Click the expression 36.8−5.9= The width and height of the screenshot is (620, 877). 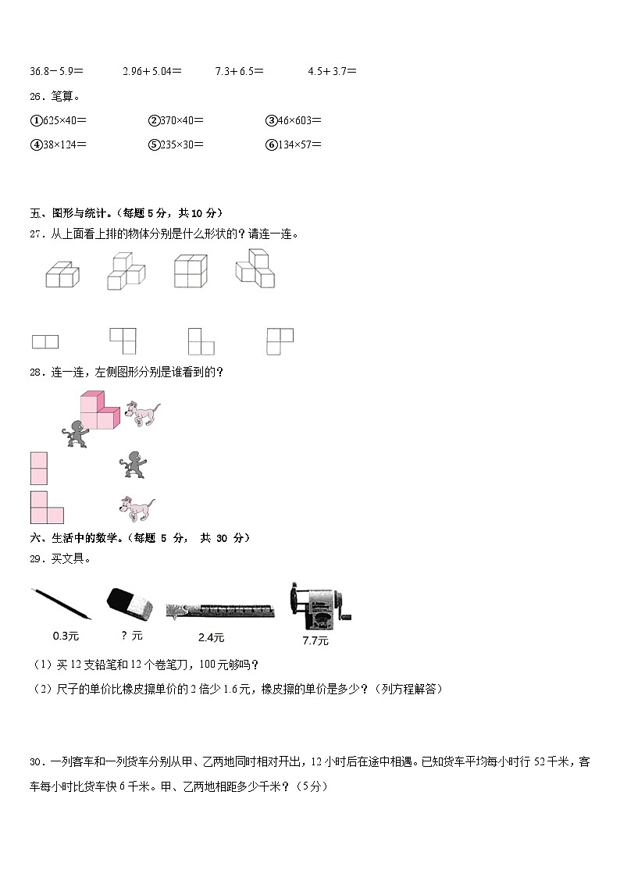click(56, 71)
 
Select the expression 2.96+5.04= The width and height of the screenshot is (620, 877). click(152, 71)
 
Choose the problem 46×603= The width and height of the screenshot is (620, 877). click(294, 120)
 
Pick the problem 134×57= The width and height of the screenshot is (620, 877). click(294, 144)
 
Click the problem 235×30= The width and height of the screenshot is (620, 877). click(176, 144)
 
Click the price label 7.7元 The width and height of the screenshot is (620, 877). click(315, 641)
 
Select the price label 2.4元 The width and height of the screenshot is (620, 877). click(211, 637)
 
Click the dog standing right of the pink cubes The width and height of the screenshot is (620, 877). click(142, 412)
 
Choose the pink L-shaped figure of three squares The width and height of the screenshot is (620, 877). click(46, 508)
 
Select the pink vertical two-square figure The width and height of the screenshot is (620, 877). click(39, 469)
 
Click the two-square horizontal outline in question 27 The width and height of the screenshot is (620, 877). click(45, 341)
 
